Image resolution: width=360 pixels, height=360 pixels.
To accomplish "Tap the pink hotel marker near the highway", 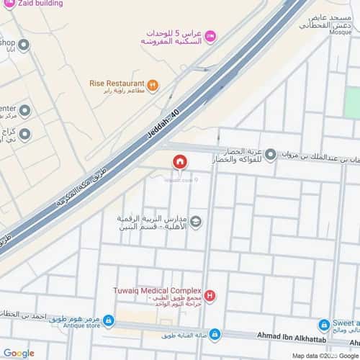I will tap(210, 35).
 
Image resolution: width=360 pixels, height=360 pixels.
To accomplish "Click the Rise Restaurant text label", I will tap(117, 83).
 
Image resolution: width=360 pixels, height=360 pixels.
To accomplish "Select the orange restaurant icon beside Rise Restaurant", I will tap(153, 84).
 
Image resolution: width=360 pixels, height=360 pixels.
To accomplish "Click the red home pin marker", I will tap(179, 163).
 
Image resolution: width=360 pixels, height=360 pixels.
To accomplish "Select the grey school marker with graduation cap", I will tap(196, 221).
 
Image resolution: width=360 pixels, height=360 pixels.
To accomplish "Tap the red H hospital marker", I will tap(210, 295).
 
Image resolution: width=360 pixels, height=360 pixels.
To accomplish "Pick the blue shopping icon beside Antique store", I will tap(108, 320).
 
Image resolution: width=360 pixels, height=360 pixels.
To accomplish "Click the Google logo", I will tap(18, 353).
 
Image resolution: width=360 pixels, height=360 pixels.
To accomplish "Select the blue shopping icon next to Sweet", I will tap(324, 325).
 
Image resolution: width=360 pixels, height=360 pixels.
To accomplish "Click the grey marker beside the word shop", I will tap(24, 46).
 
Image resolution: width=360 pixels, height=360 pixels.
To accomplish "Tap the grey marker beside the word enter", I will tap(24, 110).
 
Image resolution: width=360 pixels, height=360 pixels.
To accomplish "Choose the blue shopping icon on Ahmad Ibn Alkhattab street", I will tap(214, 334).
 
